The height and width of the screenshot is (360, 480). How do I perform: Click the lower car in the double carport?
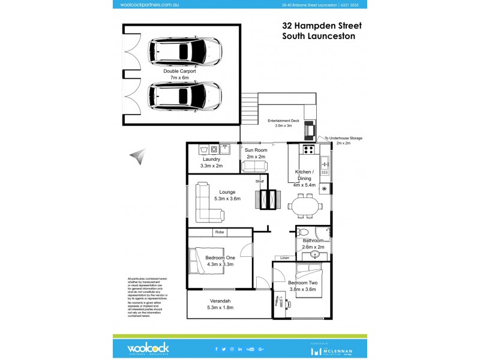click(185, 95)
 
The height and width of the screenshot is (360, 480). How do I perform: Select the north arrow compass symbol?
click(137, 157)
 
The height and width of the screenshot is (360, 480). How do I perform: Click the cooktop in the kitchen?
click(308, 149)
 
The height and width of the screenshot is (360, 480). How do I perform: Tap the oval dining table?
click(306, 206)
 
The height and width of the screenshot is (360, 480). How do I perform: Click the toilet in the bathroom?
click(303, 233)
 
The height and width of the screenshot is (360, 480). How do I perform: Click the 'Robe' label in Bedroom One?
click(219, 232)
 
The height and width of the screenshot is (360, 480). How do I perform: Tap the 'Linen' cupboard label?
click(284, 258)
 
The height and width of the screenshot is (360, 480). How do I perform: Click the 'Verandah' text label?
click(220, 301)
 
